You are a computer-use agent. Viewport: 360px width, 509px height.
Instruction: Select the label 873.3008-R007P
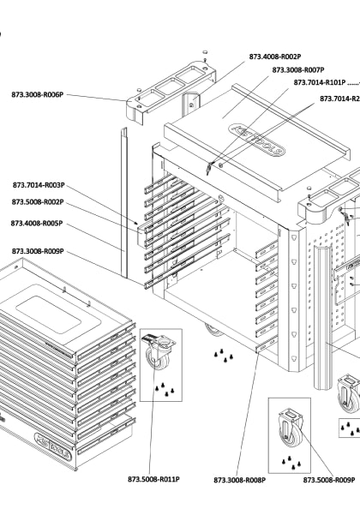coord(297,70)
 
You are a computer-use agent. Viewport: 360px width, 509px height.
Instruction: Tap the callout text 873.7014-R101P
coord(319,83)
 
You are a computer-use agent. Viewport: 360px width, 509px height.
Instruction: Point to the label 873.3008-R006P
coord(39,94)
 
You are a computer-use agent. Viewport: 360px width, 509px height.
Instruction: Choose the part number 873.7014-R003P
coord(39,185)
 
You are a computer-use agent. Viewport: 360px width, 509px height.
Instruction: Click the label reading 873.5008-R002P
coord(39,202)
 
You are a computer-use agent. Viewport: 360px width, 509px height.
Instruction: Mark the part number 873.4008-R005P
coord(39,223)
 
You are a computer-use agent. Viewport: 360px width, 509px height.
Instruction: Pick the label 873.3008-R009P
coord(39,251)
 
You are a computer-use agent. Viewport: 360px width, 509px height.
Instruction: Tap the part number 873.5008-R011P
coord(154,479)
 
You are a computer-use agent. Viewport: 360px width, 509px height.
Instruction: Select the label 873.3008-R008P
coord(239,480)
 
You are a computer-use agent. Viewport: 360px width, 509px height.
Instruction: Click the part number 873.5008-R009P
coord(329,480)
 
